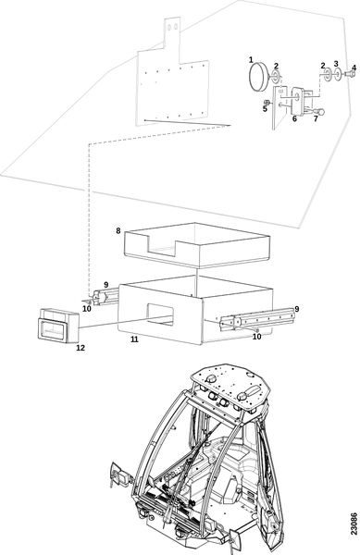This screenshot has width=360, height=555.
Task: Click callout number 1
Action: (251, 59)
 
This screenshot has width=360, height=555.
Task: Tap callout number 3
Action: (336, 64)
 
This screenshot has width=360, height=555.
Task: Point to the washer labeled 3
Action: (338, 74)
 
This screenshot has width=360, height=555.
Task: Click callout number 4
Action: (354, 68)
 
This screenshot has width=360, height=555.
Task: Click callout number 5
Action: (265, 109)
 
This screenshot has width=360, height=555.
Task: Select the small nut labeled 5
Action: (268, 103)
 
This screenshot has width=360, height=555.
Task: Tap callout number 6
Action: (294, 119)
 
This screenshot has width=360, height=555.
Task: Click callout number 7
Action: (316, 119)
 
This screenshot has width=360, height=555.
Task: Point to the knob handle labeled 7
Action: (317, 112)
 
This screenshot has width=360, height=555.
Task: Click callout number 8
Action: (118, 230)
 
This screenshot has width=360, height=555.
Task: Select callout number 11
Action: (134, 339)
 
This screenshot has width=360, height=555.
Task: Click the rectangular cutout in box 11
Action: (160, 314)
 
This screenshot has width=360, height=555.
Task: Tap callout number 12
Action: (81, 348)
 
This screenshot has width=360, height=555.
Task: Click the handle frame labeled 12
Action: (58, 326)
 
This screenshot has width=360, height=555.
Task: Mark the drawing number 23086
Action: (354, 524)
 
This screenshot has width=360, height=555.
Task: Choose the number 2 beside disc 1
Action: (276, 66)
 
